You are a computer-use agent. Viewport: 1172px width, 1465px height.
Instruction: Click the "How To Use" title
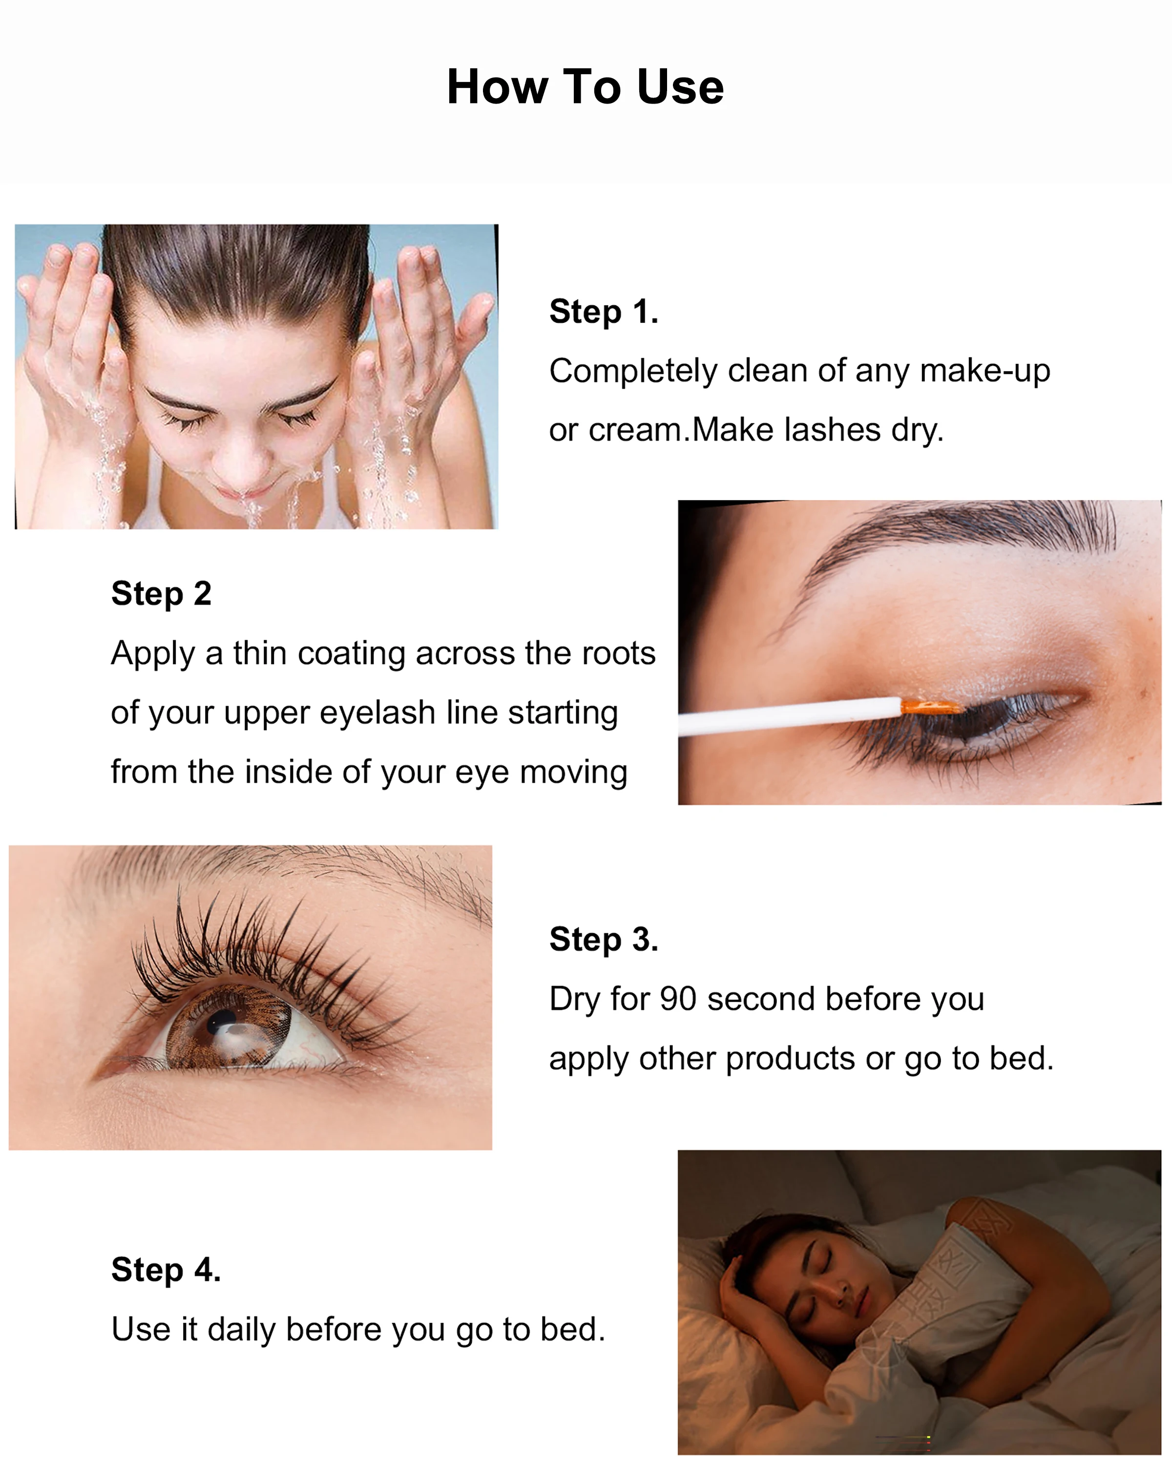[x=585, y=87]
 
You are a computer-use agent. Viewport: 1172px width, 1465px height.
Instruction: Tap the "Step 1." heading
[x=603, y=312]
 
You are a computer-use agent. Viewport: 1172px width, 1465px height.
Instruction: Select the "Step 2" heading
[x=161, y=593]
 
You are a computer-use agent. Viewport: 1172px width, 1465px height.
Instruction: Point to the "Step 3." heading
[x=603, y=940]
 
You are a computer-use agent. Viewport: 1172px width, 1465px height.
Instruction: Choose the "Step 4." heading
[x=166, y=1270]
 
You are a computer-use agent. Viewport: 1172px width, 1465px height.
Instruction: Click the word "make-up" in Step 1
[x=984, y=372]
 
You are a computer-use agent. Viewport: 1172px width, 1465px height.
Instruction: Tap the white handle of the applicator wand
[x=789, y=716]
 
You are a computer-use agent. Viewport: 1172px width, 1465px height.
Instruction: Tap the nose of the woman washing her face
[x=243, y=462]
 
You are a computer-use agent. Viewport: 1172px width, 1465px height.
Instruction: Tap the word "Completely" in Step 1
[x=633, y=372]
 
